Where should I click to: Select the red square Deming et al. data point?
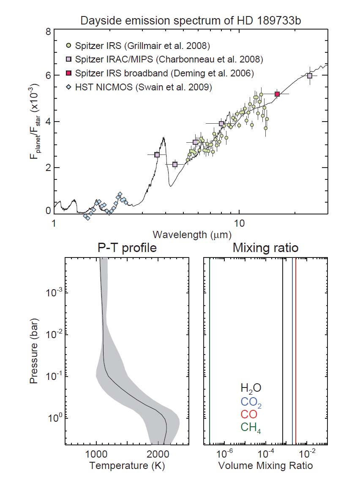277,94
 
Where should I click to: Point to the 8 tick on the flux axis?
48,32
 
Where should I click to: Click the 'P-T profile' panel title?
127,248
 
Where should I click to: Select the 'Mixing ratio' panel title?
265,248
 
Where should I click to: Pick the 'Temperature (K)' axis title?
127,466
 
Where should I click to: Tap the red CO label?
249,415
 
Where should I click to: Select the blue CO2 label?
251,402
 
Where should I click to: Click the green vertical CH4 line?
210,350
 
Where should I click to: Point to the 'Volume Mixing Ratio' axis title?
265,466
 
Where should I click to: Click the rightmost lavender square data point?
310,76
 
